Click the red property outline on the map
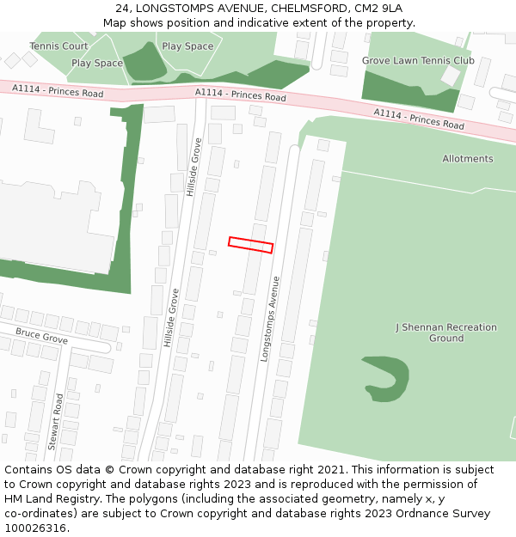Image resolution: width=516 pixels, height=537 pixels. coord(250,245)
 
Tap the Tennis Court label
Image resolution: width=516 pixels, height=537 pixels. coord(58,46)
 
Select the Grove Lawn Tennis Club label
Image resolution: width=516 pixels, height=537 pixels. coord(418,61)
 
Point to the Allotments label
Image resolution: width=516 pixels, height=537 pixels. coord(468,159)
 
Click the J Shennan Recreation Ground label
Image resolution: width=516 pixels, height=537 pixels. coord(446,333)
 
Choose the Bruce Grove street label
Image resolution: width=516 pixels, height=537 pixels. coord(41,335)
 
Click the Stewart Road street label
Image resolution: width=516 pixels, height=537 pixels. coord(56,422)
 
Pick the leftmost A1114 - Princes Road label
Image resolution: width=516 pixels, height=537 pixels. coord(58,90)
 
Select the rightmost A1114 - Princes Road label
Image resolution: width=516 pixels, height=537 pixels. coord(419,119)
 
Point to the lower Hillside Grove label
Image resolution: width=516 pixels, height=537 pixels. coord(171,318)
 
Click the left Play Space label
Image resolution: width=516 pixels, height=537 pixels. coord(97,64)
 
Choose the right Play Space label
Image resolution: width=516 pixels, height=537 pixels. coord(187,46)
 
